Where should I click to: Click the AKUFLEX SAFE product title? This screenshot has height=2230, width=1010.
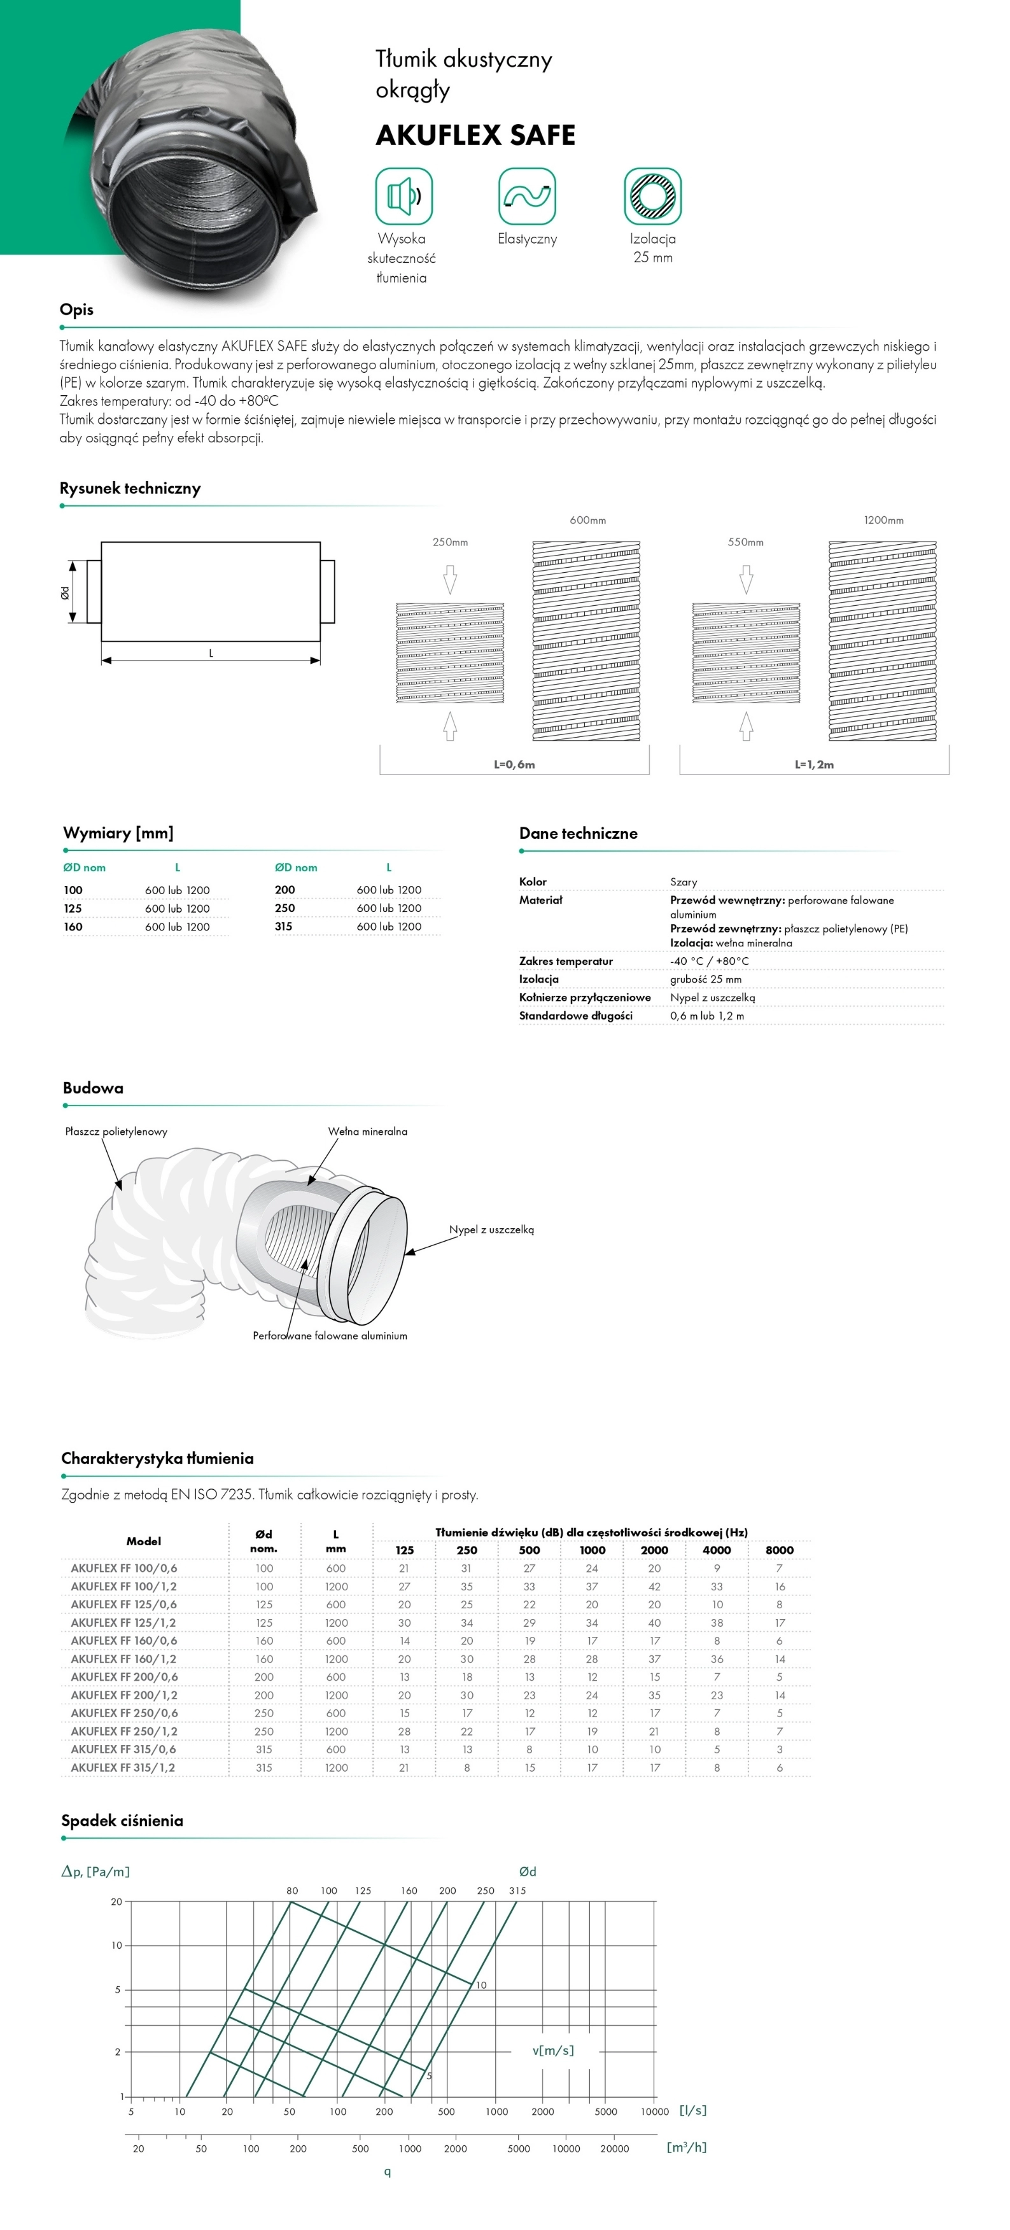pyautogui.click(x=475, y=135)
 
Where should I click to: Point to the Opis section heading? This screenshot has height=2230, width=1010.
pyautogui.click(x=76, y=310)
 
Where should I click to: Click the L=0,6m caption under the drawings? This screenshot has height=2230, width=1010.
pyautogui.click(x=514, y=764)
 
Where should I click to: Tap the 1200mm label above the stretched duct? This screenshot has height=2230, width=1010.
pyautogui.click(x=883, y=521)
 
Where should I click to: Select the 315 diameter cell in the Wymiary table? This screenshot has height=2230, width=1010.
pyautogui.click(x=283, y=926)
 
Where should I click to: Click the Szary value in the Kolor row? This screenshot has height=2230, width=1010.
pyautogui.click(x=683, y=881)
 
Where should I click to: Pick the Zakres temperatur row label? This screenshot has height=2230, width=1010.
pyautogui.click(x=566, y=961)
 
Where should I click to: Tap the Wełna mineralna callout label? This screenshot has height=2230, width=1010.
pyautogui.click(x=367, y=1132)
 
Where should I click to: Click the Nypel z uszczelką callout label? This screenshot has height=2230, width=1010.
pyautogui.click(x=491, y=1230)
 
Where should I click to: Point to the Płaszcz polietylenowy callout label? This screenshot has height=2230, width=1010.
pyautogui.click(x=116, y=1132)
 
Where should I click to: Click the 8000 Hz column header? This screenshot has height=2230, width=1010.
pyautogui.click(x=779, y=1550)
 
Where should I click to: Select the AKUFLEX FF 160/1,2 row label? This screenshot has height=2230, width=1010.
pyautogui.click(x=123, y=1658)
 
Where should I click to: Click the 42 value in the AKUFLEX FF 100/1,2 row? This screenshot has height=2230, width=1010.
pyautogui.click(x=654, y=1587)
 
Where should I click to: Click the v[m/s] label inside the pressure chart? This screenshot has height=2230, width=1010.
pyautogui.click(x=553, y=2051)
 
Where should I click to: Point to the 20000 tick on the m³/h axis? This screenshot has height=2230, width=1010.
pyautogui.click(x=615, y=2148)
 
